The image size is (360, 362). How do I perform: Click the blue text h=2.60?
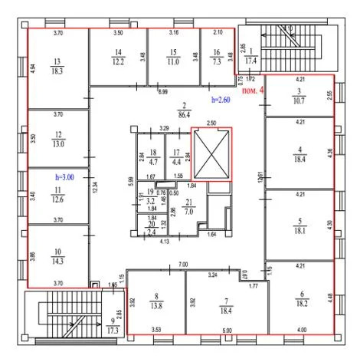pos(221,100)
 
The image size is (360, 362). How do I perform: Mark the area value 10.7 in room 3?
pos(299,101)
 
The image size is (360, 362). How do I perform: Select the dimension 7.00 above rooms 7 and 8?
pos(182,265)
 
